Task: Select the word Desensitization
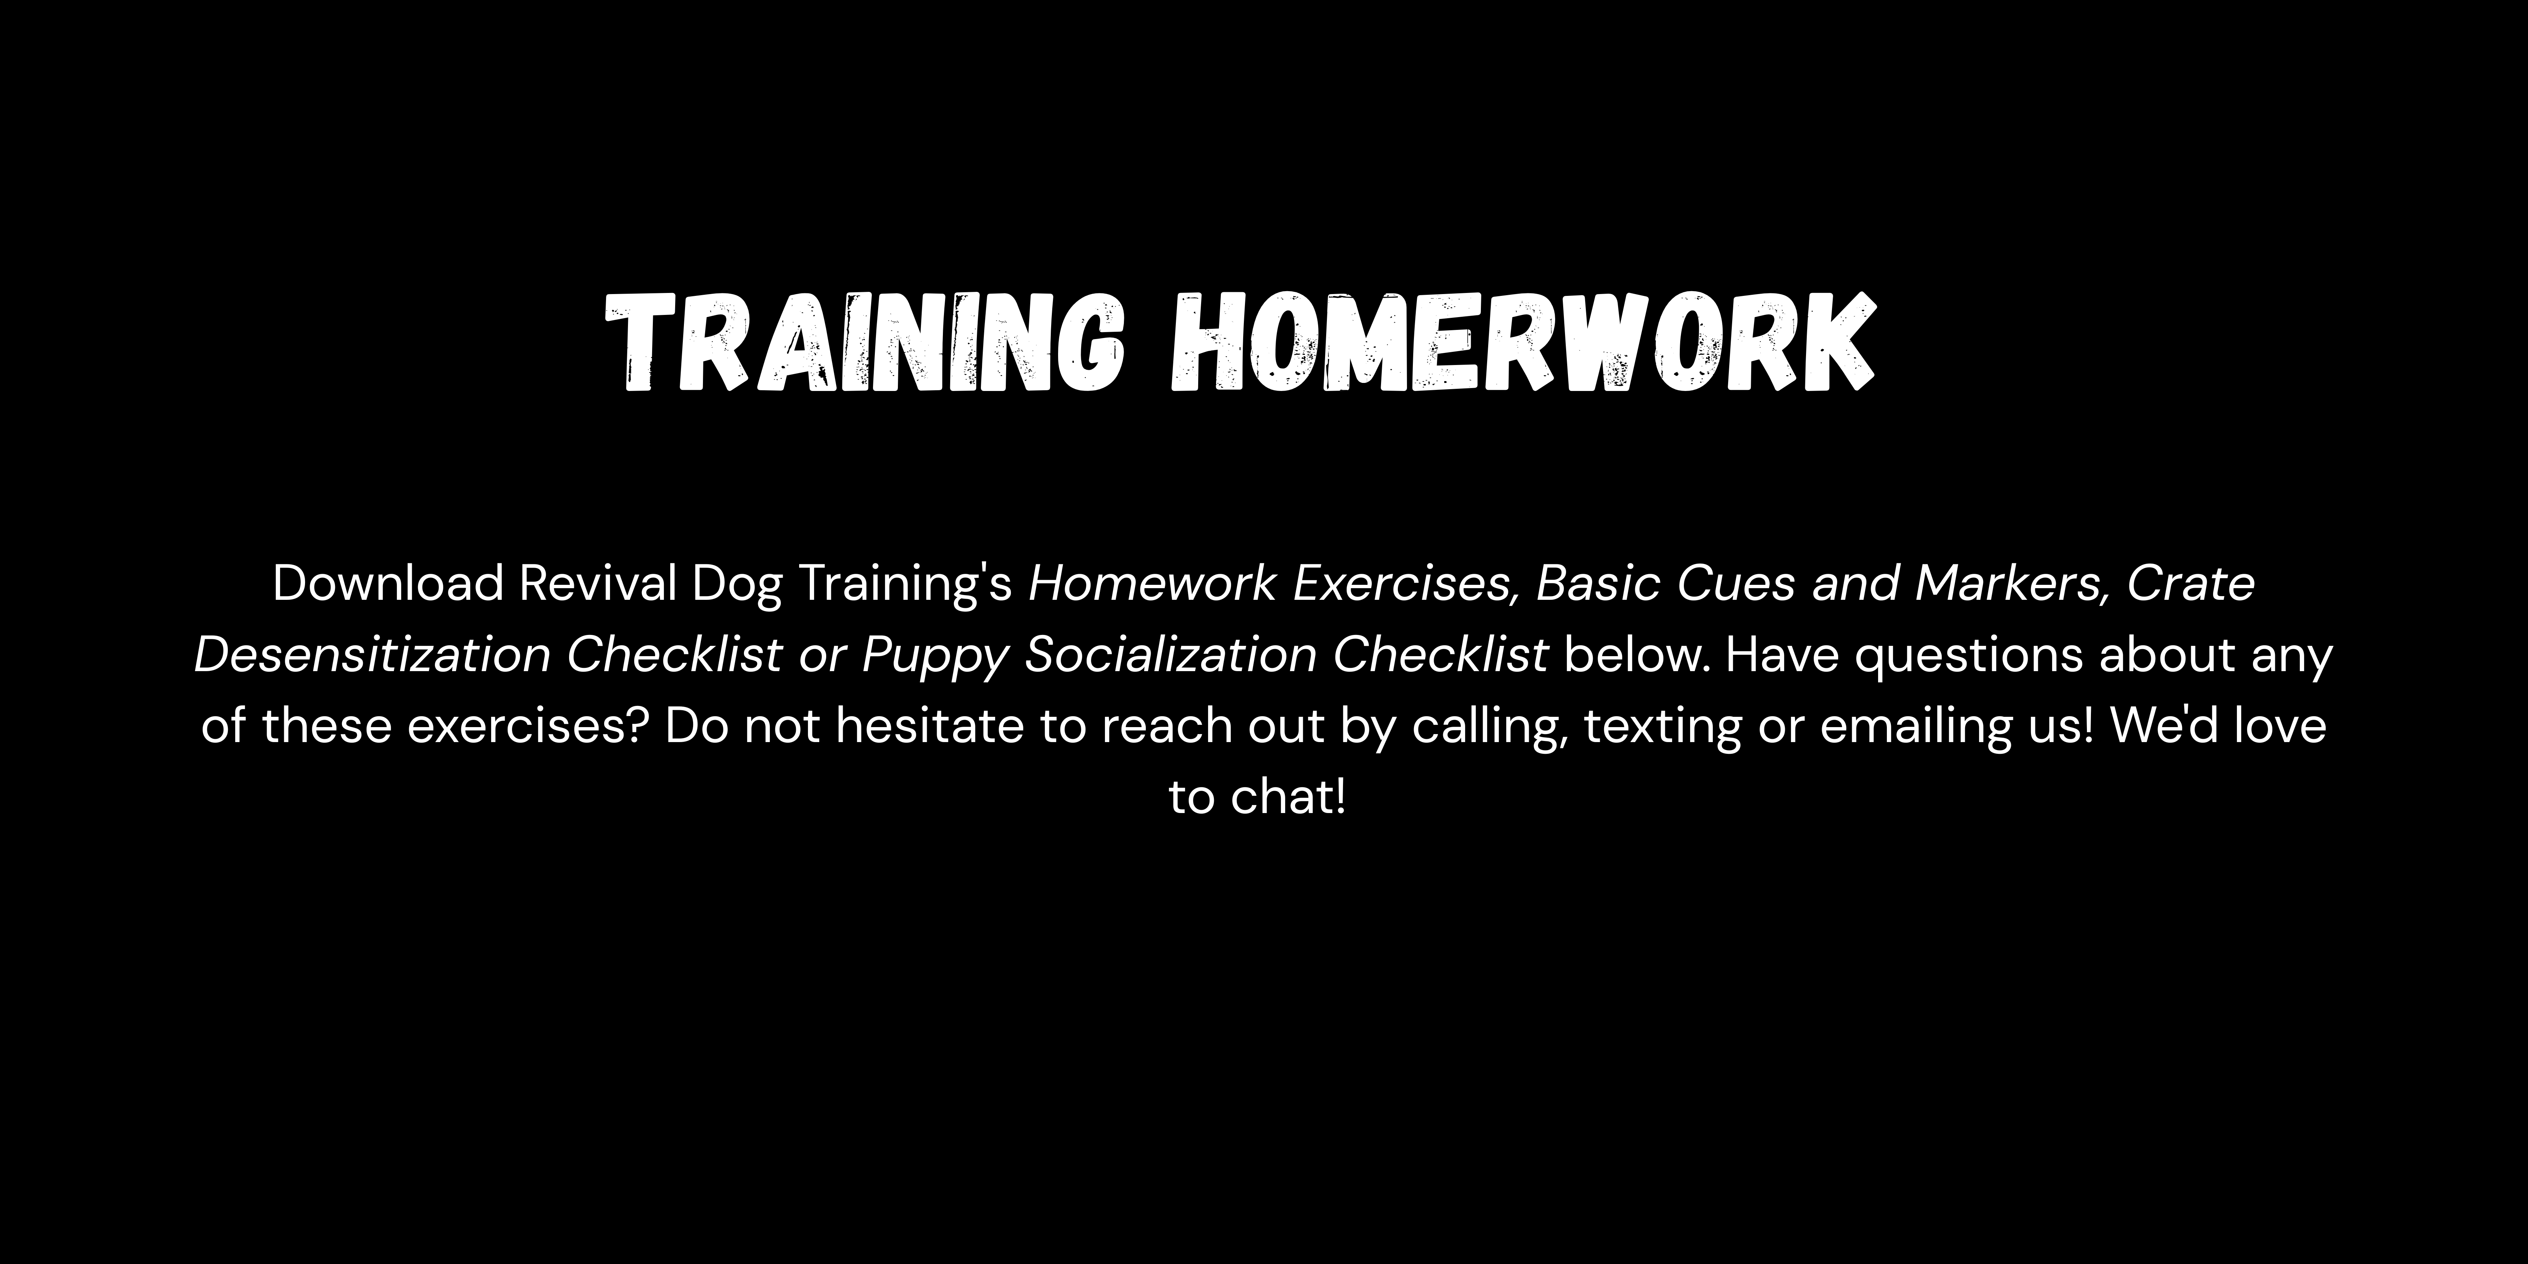372,655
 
